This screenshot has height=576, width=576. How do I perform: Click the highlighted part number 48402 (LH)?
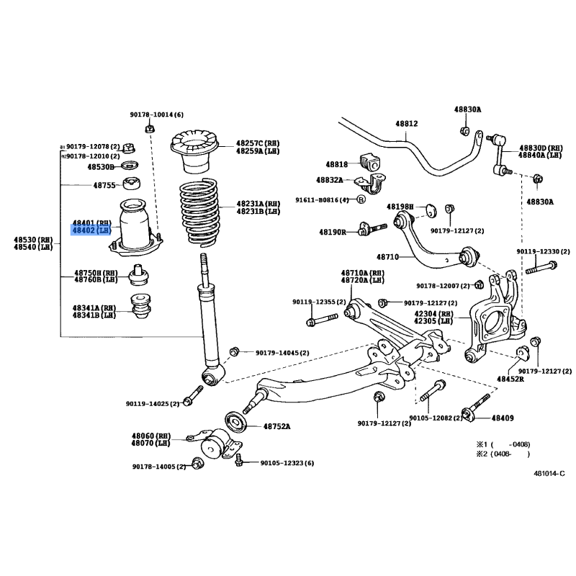[91, 230]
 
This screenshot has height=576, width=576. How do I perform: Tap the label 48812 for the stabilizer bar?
[406, 123]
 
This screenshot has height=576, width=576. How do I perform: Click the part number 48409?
[503, 418]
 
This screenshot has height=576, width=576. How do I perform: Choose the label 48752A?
[276, 426]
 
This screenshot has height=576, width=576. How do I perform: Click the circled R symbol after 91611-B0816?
[361, 199]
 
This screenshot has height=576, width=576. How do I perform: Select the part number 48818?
[336, 164]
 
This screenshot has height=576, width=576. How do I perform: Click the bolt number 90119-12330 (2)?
[542, 251]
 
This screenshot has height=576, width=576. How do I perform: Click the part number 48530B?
[101, 166]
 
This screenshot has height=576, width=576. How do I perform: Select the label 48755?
[104, 185]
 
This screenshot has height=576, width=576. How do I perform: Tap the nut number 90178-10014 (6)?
[157, 115]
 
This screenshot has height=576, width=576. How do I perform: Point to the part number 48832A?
[333, 180]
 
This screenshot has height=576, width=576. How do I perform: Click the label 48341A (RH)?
[93, 307]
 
